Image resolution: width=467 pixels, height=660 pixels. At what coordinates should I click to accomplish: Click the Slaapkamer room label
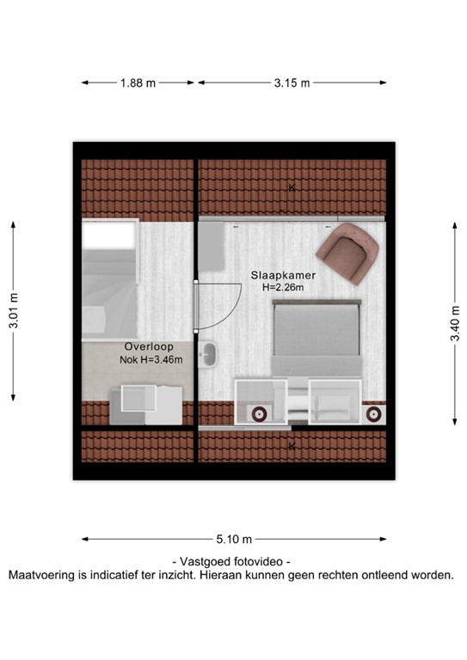282,275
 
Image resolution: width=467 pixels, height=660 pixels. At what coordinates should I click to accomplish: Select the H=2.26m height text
283,288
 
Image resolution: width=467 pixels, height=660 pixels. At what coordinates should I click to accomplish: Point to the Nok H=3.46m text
151,360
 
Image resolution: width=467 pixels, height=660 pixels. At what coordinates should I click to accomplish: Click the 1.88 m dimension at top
138,83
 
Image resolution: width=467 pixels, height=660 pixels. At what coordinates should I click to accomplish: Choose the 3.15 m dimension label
292,83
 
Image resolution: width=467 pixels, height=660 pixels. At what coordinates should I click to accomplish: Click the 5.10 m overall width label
233,540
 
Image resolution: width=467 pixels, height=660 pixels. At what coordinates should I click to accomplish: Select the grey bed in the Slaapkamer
315,340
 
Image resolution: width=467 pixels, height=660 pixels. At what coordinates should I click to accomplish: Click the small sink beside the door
208,353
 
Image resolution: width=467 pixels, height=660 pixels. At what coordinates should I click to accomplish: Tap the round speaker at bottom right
373,415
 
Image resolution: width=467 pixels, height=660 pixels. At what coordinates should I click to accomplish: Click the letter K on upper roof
292,187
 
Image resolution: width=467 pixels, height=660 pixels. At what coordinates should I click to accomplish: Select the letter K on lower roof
292,446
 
